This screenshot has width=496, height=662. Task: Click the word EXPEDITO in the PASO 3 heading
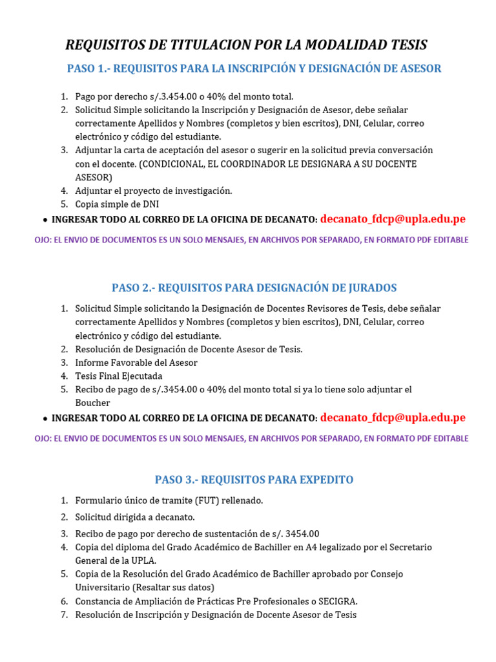[327, 480]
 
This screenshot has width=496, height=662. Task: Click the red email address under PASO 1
[393, 219]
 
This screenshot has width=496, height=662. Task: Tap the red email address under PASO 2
[393, 418]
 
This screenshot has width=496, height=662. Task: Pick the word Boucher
[92, 403]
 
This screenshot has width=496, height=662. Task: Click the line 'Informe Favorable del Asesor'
[136, 363]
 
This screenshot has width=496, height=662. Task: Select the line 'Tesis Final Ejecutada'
[119, 376]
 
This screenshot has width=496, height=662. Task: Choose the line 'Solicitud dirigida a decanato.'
[135, 517]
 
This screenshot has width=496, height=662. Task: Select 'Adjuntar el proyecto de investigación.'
[154, 191]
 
